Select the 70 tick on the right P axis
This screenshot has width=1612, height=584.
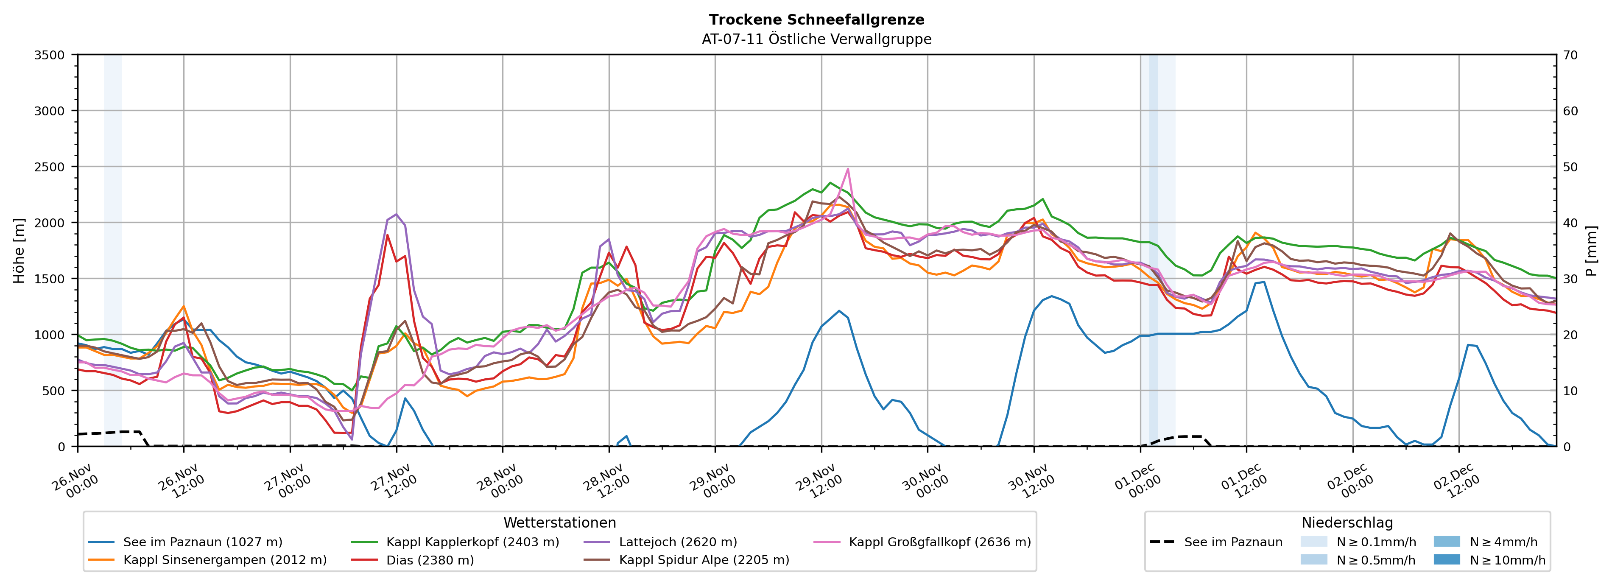tap(1571, 55)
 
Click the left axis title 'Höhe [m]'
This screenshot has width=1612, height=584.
tap(19, 250)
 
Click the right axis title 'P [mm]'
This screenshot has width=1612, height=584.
tap(1591, 250)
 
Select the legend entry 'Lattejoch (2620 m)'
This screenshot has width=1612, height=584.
tap(678, 542)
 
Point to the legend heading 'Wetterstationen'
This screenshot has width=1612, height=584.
tap(559, 523)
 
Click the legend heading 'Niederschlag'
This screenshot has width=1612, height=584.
tap(1347, 523)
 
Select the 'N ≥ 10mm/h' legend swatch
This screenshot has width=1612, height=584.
tap(1446, 559)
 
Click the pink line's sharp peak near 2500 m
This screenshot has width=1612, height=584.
tap(848, 168)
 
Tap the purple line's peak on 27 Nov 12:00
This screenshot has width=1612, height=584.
tap(396, 214)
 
